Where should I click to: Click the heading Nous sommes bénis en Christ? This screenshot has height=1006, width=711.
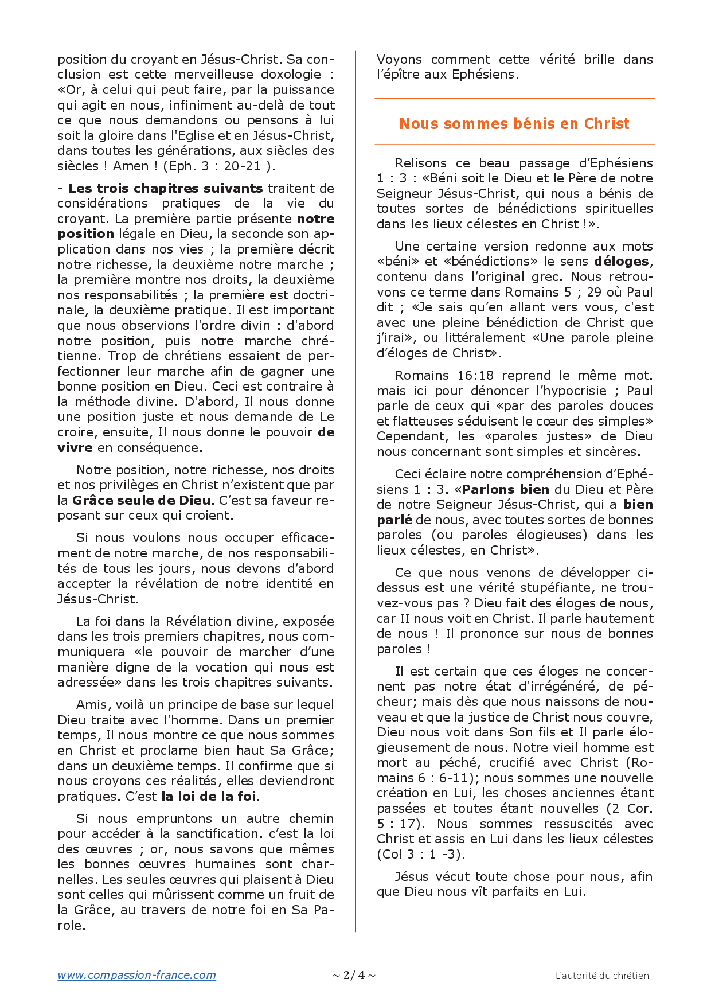pos(514,124)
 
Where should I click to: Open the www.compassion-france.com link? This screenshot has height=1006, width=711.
pos(136,975)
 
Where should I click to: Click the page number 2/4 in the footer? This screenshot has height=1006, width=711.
pos(354,975)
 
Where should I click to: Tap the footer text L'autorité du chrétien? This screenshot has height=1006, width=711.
pos(602,976)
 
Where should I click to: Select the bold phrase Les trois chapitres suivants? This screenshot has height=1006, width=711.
pos(165,188)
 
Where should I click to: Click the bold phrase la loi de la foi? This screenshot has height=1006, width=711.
pos(209,796)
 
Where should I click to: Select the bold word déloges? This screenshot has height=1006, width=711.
pos(622,262)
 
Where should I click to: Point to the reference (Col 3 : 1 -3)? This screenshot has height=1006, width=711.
pos(421,854)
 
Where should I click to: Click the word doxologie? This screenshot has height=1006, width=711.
pos(291,75)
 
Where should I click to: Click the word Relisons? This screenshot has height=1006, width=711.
pos(421,163)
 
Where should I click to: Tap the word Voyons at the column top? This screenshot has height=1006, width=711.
pos(399,60)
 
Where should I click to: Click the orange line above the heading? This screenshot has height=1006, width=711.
pos(514,99)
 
